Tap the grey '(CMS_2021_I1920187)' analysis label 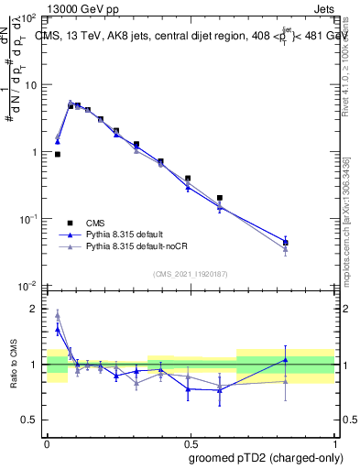[191, 273]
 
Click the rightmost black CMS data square [285, 243]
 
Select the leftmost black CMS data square [58, 155]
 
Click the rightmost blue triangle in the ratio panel [285, 360]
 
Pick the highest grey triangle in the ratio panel [58, 314]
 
